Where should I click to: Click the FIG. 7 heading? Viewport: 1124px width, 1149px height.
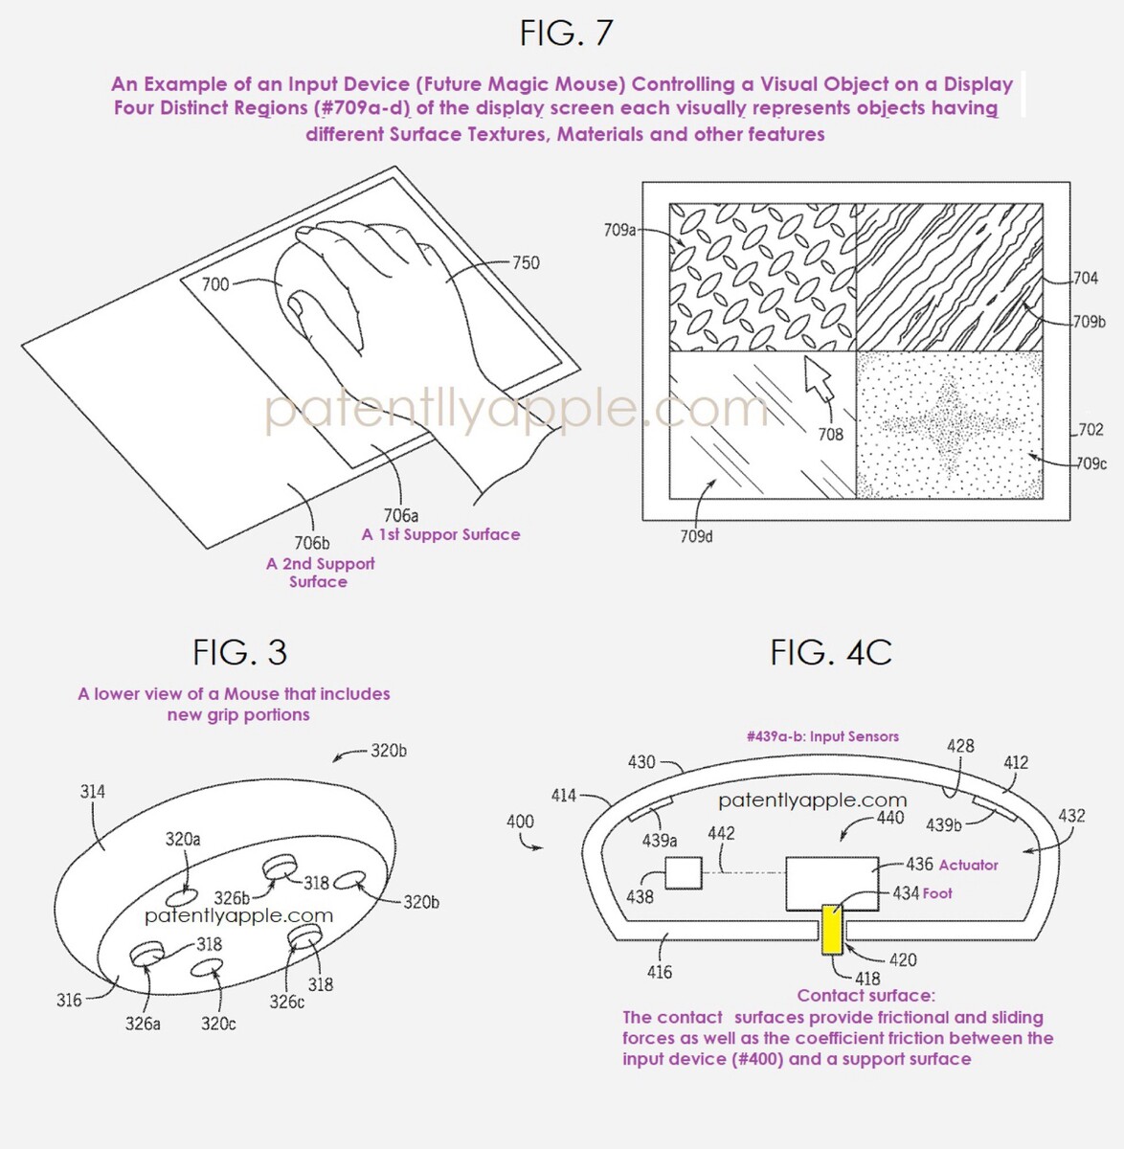(x=567, y=33)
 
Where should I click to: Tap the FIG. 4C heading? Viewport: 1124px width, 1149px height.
(x=831, y=652)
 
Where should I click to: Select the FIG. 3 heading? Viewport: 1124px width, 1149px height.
(x=239, y=652)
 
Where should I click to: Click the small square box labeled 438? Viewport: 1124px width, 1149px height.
(x=684, y=872)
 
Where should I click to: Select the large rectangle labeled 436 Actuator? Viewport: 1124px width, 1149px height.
(x=832, y=884)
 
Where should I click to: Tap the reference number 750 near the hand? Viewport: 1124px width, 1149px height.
(x=525, y=262)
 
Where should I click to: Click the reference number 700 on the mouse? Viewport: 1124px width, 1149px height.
(x=214, y=284)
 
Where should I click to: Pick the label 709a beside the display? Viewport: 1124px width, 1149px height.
(x=619, y=230)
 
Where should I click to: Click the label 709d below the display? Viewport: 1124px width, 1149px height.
(x=696, y=537)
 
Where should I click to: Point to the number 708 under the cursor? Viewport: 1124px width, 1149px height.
(x=830, y=435)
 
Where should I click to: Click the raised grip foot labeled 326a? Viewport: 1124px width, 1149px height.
(x=146, y=953)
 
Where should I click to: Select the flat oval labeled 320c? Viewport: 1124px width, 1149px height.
(x=206, y=968)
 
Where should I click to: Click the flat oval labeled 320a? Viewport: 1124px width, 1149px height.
(x=178, y=898)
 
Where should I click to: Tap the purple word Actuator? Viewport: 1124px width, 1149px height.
(x=968, y=865)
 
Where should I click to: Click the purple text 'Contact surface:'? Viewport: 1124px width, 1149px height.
(x=866, y=996)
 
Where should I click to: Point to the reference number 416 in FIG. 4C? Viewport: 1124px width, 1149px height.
(x=660, y=972)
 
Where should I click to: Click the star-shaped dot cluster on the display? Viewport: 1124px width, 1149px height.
(x=949, y=424)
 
